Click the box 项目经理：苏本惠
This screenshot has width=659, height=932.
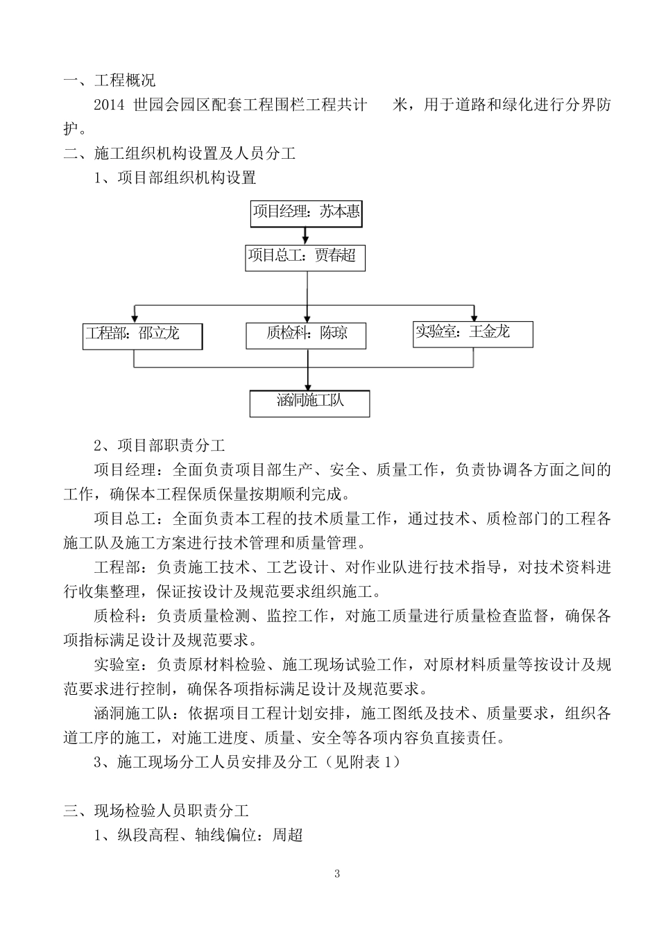tap(306, 213)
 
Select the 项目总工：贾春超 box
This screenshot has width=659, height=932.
tap(305, 257)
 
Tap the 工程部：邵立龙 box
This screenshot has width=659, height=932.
tap(142, 335)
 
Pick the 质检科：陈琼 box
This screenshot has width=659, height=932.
tap(306, 335)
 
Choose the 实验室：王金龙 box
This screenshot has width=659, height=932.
tap(472, 334)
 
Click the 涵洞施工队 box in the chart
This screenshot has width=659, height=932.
tap(309, 403)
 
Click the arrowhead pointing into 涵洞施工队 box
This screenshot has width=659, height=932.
tap(308, 385)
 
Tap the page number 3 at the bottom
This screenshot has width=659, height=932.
tap(337, 873)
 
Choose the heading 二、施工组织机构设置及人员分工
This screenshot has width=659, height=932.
tap(180, 154)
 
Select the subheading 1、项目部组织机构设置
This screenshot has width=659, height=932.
tap(176, 178)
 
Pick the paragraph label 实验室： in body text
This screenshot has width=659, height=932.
tap(125, 665)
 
